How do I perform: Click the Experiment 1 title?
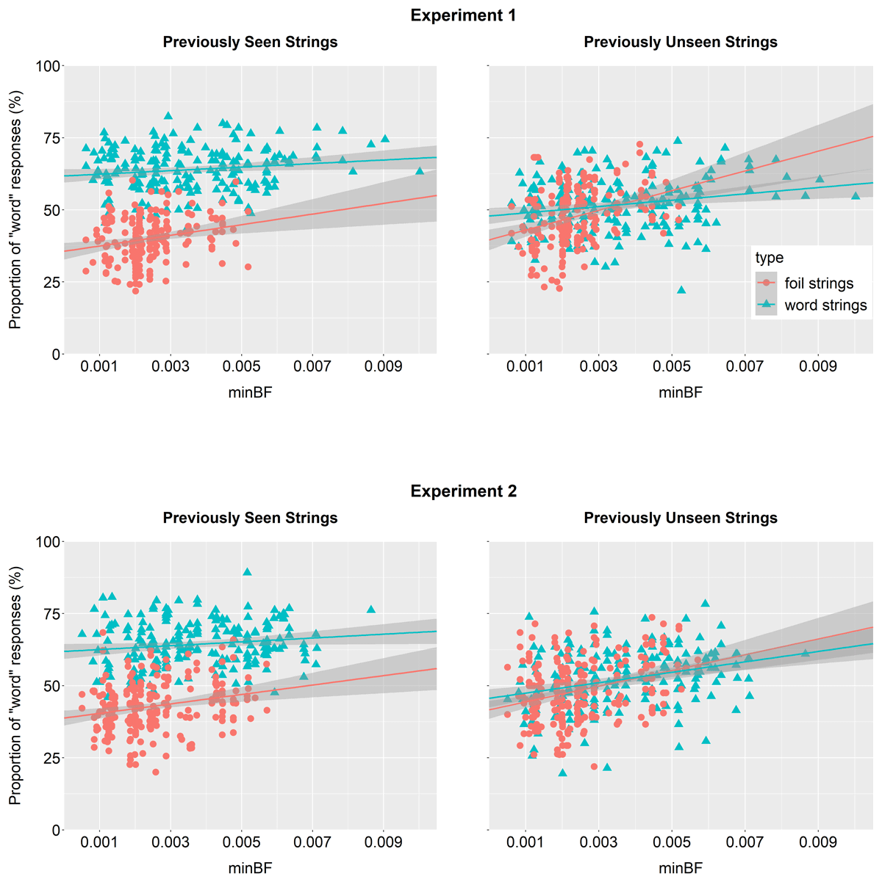[x=463, y=15]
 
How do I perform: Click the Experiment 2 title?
[x=463, y=491]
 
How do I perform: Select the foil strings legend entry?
[x=819, y=283]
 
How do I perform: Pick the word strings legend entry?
[x=825, y=306]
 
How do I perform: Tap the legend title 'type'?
[x=769, y=258]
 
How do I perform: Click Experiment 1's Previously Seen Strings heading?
[x=250, y=42]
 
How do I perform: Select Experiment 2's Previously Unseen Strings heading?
[x=681, y=518]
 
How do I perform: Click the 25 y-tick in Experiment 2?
[x=51, y=758]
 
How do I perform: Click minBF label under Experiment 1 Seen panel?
[x=250, y=391]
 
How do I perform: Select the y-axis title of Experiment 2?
[x=15, y=685]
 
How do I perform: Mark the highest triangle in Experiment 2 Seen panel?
[x=247, y=572]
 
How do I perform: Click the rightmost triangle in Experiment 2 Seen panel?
[x=371, y=609]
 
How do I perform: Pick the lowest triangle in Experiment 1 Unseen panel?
[x=681, y=290]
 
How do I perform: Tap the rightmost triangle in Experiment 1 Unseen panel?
[x=855, y=195]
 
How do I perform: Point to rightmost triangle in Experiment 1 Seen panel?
[x=420, y=171]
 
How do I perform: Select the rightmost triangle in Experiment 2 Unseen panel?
[x=805, y=653]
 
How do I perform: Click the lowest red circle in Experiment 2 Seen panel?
[x=156, y=772]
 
